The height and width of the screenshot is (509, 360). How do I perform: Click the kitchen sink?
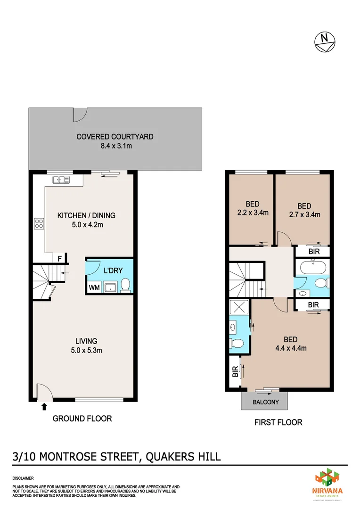click(61, 179)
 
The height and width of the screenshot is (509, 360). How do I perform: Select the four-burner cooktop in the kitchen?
click(39, 224)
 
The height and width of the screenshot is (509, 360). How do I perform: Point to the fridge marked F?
click(59, 258)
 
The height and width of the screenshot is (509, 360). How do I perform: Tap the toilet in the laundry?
click(125, 285)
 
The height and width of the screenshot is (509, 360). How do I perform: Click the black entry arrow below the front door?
click(45, 406)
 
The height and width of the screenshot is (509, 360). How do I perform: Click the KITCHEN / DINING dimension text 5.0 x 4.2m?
click(86, 225)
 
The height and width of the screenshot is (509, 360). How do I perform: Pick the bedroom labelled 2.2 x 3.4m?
click(252, 208)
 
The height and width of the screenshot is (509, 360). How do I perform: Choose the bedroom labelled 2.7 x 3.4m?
click(304, 210)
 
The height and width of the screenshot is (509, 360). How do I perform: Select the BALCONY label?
click(266, 402)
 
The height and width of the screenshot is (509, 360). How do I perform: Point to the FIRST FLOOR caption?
click(278, 422)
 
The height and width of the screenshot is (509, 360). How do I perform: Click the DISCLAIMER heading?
click(23, 478)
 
